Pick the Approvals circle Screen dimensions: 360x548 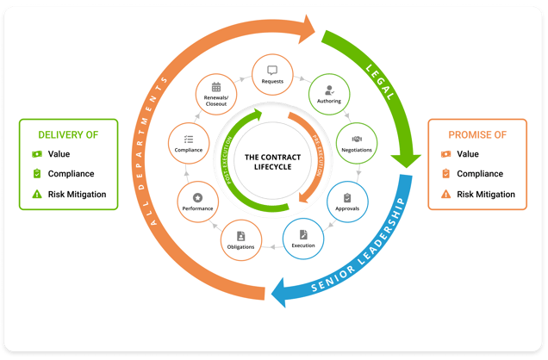click(347, 201)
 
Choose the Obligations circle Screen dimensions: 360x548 click(241, 240)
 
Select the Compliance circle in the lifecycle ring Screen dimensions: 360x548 click(188, 143)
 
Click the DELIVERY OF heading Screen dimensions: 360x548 click(67, 135)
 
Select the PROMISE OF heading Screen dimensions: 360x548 click(476, 135)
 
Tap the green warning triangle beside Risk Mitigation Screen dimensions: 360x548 click(36, 195)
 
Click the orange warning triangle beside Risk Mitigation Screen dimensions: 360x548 click(445, 195)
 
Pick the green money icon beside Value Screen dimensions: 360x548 click(36, 154)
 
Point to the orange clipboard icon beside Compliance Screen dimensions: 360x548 click(445, 174)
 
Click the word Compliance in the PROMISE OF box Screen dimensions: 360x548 click(480, 174)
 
